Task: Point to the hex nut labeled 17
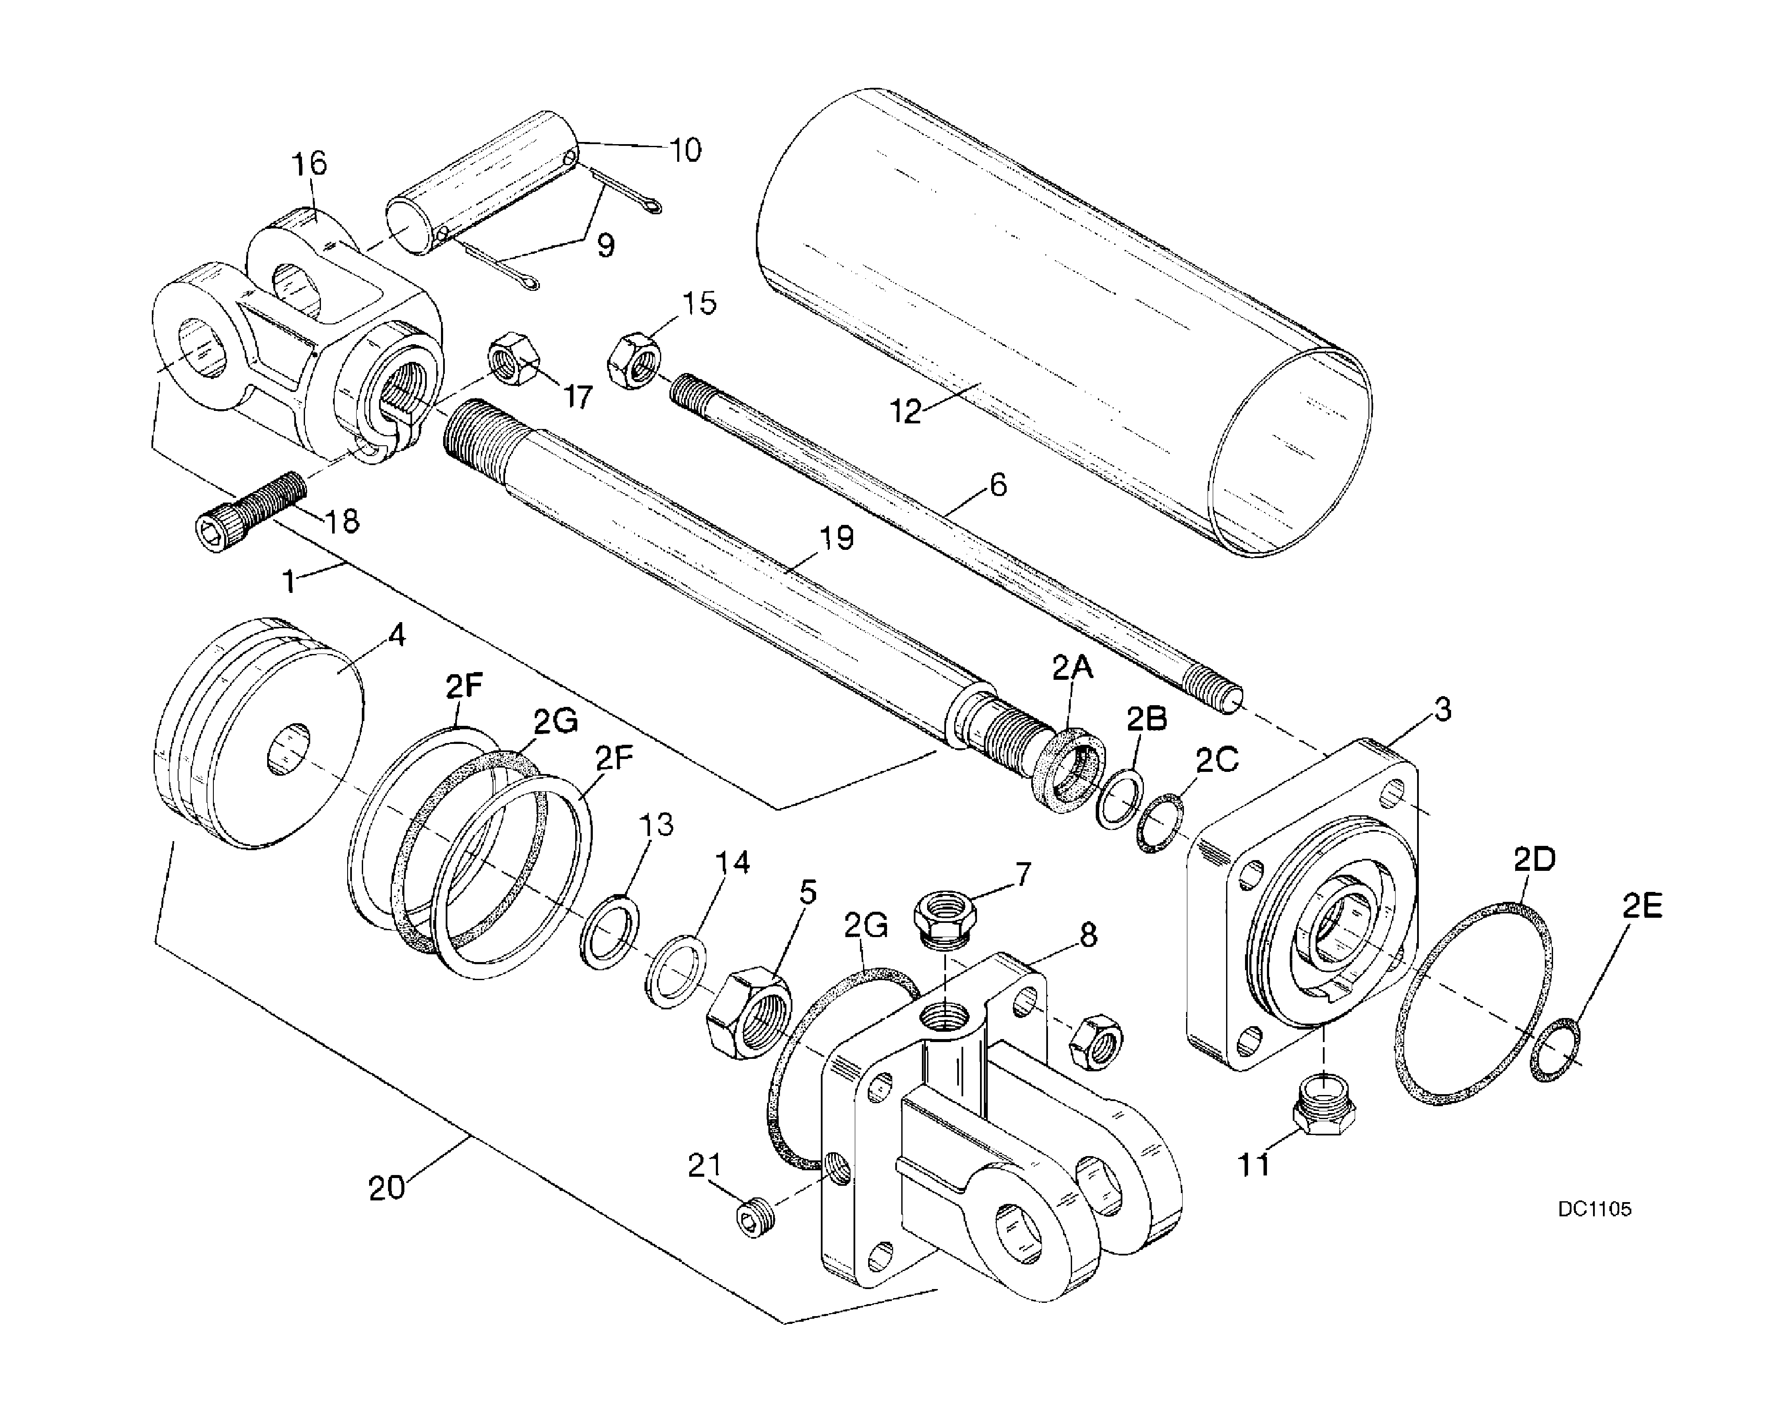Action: [514, 359]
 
